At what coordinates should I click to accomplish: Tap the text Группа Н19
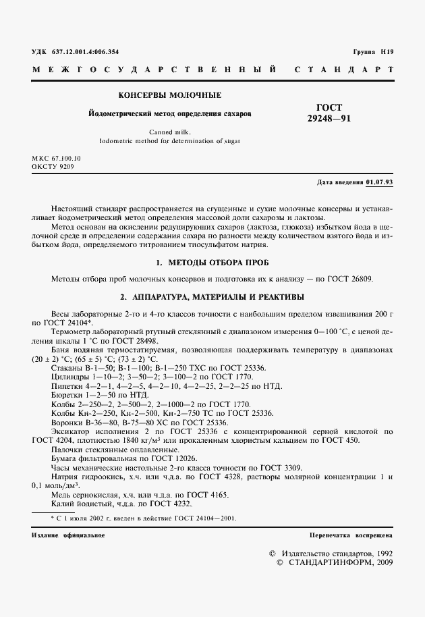[x=372, y=52]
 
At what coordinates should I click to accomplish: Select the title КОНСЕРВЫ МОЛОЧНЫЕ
[x=170, y=96]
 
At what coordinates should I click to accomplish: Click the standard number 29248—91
[x=329, y=119]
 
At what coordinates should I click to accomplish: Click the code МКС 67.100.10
[x=55, y=157]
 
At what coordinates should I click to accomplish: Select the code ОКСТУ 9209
[x=53, y=165]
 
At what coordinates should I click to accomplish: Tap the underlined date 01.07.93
[x=380, y=182]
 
